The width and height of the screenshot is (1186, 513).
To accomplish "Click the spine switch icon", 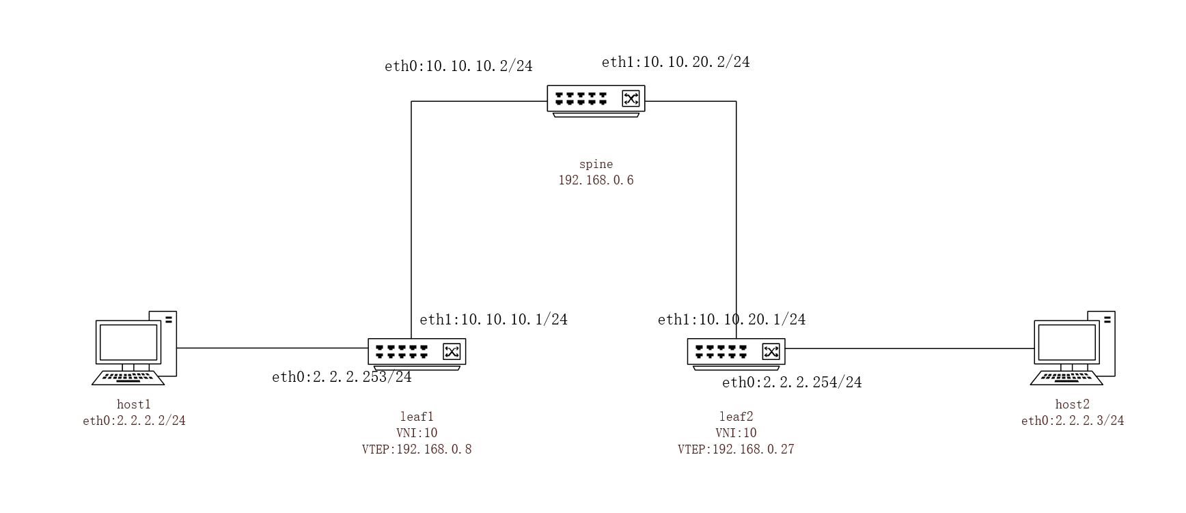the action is (x=596, y=101).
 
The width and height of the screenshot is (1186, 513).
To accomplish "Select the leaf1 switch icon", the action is (x=417, y=354).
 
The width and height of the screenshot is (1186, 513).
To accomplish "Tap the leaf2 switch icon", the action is (x=736, y=354).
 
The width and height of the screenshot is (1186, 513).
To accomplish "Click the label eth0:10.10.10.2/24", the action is (x=458, y=66).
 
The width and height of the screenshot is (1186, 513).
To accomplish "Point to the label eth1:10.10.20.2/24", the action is (x=676, y=62).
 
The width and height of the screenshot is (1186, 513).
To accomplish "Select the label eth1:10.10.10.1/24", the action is (x=493, y=320).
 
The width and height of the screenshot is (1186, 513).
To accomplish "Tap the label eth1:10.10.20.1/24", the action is (x=732, y=320).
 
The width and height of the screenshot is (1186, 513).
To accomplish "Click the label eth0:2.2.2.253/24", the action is (x=342, y=377).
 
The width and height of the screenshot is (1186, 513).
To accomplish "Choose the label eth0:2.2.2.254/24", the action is (x=792, y=383).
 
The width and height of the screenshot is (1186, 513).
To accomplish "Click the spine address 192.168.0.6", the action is (x=596, y=180).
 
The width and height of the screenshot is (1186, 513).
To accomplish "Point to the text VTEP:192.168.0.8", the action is (x=417, y=449).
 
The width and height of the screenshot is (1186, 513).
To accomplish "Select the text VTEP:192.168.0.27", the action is (x=736, y=449).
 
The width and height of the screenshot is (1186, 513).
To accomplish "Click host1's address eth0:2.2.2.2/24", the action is (x=134, y=421).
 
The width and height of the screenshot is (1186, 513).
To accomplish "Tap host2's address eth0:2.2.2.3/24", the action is (x=1073, y=421).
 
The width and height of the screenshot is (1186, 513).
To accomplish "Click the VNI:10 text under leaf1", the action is (x=417, y=433).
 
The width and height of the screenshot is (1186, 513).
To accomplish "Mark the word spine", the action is (x=596, y=164).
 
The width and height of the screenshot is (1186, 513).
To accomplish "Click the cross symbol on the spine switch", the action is (x=631, y=98).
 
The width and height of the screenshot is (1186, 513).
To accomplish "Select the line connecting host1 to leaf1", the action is (x=273, y=348).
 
